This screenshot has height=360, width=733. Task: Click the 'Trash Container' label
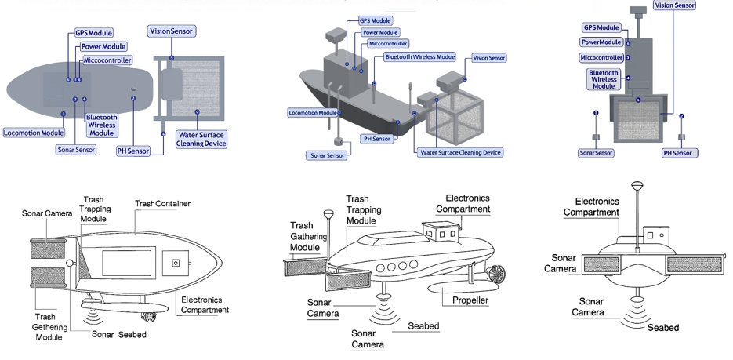(162, 204)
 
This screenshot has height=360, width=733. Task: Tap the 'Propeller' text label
(470, 300)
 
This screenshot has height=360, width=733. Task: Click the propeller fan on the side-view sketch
(497, 274)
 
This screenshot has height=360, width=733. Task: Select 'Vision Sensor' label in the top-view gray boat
(171, 31)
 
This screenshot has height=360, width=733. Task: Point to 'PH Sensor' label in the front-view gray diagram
(678, 152)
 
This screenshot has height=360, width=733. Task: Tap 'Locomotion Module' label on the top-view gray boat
(34, 133)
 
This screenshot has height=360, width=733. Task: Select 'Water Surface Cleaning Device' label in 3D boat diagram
(459, 152)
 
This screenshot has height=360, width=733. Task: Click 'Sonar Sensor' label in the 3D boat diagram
(325, 155)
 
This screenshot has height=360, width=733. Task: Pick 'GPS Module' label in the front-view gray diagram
(604, 27)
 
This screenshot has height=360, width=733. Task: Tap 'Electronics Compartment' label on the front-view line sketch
(591, 206)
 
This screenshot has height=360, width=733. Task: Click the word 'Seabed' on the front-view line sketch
(662, 327)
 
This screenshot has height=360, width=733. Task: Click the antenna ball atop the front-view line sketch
(636, 186)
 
